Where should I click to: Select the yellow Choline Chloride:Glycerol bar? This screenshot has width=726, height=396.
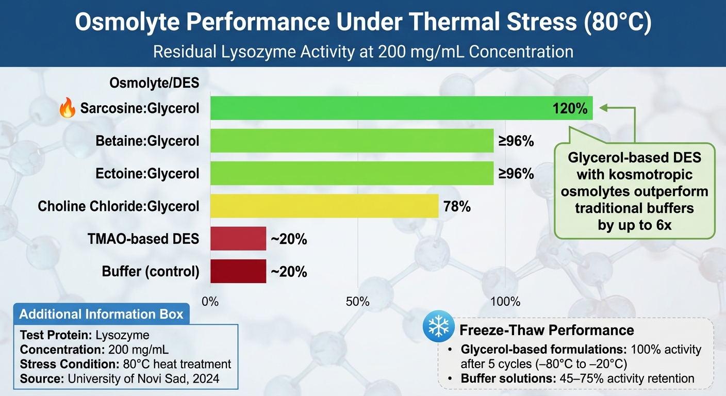click(324, 206)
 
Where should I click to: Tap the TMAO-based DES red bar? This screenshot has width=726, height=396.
click(238, 239)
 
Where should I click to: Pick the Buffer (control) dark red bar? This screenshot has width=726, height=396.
click(238, 271)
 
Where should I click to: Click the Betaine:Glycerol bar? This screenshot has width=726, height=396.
click(352, 141)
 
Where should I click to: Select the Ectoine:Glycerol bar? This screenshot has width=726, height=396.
click(352, 173)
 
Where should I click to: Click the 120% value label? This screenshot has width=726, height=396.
click(569, 109)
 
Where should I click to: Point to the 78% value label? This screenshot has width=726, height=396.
click(457, 207)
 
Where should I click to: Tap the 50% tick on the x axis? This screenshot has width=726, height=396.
click(358, 302)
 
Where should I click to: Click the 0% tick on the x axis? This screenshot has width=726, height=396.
click(210, 302)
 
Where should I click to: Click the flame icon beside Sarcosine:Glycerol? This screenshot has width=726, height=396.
click(68, 109)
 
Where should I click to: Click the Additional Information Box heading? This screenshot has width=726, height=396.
click(101, 314)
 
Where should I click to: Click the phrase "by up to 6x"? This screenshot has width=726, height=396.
click(635, 225)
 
